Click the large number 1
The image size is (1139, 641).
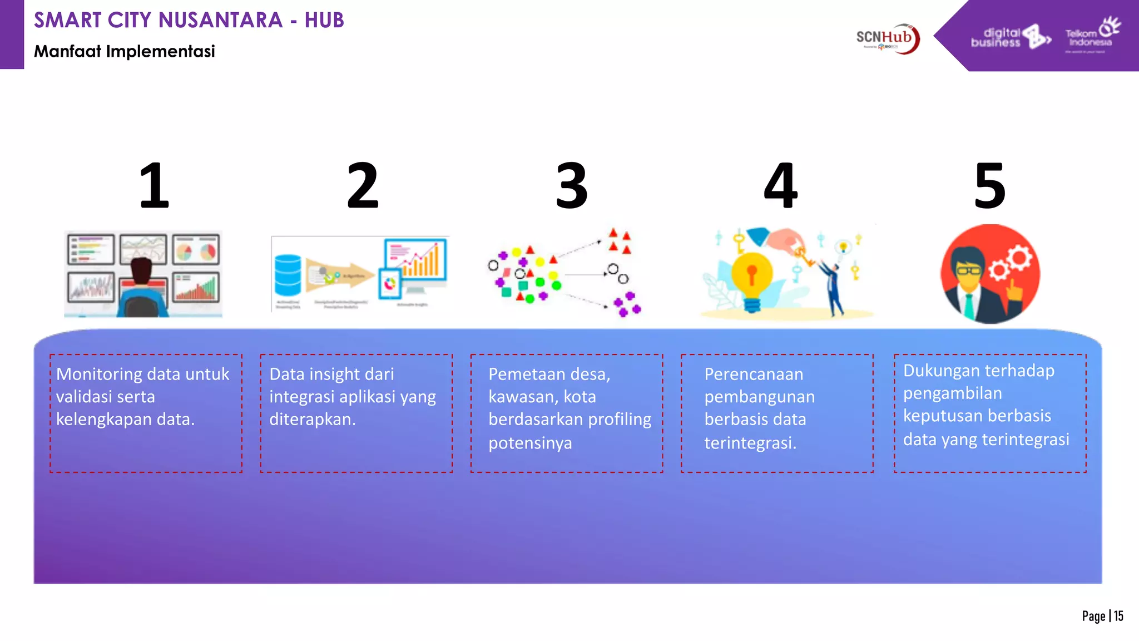pyautogui.click(x=154, y=186)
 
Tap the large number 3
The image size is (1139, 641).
pyautogui.click(x=572, y=186)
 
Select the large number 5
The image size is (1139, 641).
pyautogui.click(x=990, y=186)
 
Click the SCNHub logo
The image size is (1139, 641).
pyautogui.click(x=888, y=38)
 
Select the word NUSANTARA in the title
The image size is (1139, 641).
pyautogui.click(x=221, y=20)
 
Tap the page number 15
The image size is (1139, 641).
pyautogui.click(x=1118, y=616)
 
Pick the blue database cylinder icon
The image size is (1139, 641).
pyautogui.click(x=288, y=275)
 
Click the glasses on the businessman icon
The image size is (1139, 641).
pyautogui.click(x=969, y=271)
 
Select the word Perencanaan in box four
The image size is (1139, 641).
pyautogui.click(x=754, y=374)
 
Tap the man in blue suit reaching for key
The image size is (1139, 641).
pyautogui.click(x=833, y=287)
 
